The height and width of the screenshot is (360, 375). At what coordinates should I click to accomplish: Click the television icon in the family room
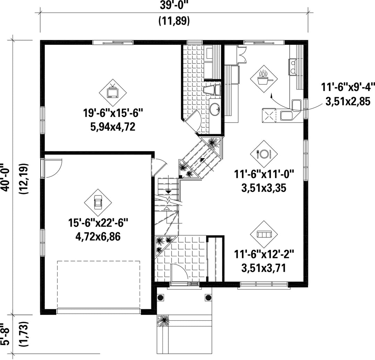click(x=113, y=92)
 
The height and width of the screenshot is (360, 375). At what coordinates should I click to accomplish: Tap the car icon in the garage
click(x=98, y=202)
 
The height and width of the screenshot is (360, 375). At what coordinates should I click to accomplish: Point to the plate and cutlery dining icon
click(x=264, y=154)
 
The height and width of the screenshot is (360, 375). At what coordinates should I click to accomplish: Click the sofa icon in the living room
click(x=264, y=234)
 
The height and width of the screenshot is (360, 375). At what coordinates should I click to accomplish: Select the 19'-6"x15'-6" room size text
click(x=113, y=113)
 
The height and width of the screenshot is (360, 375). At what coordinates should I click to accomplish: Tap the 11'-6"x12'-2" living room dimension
click(x=264, y=254)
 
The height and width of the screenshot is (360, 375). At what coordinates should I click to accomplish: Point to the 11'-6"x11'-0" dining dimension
click(x=264, y=174)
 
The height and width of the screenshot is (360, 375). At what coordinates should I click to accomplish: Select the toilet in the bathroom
click(x=212, y=90)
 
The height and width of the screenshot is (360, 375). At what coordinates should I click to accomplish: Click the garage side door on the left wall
click(x=52, y=168)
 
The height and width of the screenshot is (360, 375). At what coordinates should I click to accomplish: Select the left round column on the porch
click(x=161, y=298)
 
